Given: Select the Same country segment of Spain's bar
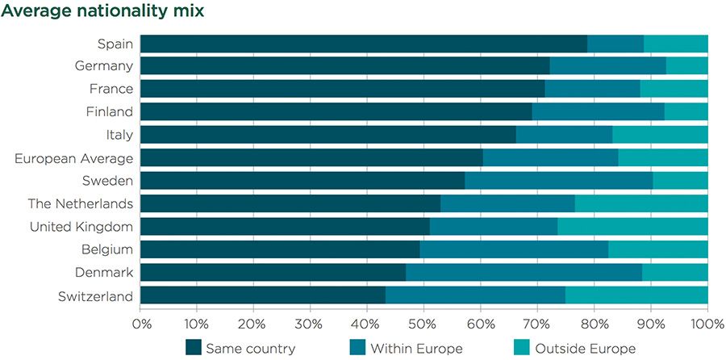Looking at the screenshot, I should pyautogui.click(x=364, y=44).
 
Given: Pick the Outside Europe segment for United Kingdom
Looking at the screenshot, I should pyautogui.click(x=632, y=227).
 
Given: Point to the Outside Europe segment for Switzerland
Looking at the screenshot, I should pyautogui.click(x=636, y=296).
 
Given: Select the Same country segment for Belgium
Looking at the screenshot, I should pyautogui.click(x=280, y=250).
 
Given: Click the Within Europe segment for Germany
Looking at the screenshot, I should pyautogui.click(x=607, y=66).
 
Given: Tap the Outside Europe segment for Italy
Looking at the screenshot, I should pyautogui.click(x=660, y=135).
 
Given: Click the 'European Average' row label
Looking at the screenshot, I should pyautogui.click(x=73, y=158).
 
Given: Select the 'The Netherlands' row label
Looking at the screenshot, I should pyautogui.click(x=80, y=204).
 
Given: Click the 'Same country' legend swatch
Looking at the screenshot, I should pyautogui.click(x=193, y=348).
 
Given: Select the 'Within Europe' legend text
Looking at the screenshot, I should pyautogui.click(x=416, y=349).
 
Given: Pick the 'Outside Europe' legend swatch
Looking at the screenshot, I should pyautogui.click(x=521, y=348).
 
